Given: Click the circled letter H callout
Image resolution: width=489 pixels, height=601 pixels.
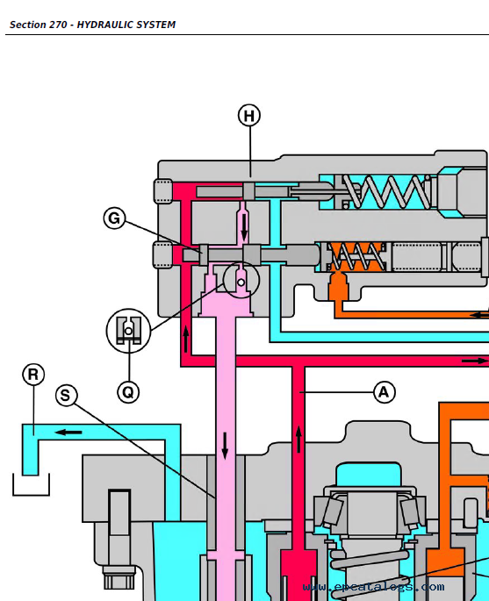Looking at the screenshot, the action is coord(249,115).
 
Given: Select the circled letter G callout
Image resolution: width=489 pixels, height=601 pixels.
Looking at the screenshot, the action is coord(114,218).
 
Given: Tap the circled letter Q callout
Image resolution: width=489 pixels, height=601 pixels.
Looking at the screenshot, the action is coord(128,392).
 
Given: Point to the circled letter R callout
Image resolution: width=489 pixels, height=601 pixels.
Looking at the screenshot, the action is coord(33,375).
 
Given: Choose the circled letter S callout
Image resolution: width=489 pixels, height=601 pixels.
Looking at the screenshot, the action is coord(66,396).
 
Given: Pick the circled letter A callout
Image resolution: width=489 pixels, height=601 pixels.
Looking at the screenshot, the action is coord(384,392).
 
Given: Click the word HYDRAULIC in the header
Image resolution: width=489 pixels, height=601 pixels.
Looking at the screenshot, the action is coord(103,25).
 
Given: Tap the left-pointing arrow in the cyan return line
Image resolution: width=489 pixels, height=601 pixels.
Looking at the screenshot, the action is coord(68,433).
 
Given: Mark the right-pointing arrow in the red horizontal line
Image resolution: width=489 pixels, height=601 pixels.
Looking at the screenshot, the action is coord(474,361).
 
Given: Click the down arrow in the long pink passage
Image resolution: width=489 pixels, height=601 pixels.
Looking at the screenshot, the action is coord(225,446).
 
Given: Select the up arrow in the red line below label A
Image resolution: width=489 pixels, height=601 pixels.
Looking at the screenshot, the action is coord(298,439).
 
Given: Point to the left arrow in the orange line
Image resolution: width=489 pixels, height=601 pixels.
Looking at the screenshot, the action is coord(479,315).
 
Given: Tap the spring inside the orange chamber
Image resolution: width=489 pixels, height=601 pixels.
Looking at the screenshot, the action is coord(356,256).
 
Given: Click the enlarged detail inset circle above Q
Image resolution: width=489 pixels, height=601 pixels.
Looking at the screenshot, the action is coord(128,331).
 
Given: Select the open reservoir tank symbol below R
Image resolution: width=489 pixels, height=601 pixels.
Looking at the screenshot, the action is coord(31,485).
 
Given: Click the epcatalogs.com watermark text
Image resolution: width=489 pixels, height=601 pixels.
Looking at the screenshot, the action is coord(374,587).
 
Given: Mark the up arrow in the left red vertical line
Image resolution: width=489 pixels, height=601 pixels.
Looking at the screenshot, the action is coord(186,339).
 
